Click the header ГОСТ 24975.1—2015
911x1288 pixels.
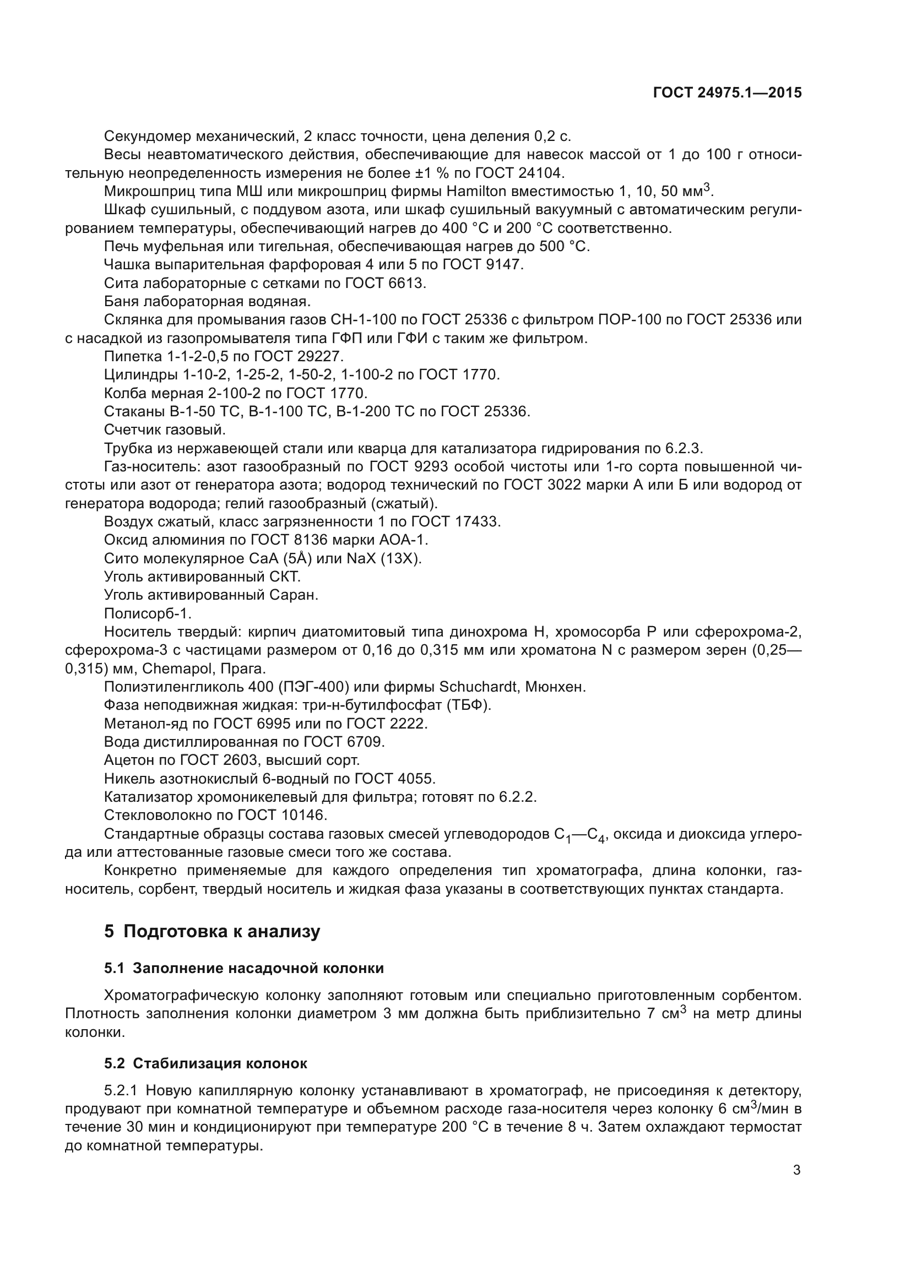(x=727, y=93)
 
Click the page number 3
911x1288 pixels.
(x=796, y=1170)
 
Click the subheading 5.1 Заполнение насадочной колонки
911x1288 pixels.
(x=244, y=968)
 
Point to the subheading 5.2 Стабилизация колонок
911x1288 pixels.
(x=205, y=1064)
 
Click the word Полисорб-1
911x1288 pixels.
(x=148, y=613)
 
